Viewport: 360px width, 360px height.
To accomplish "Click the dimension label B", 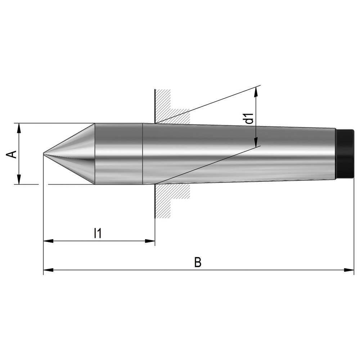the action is tap(198, 262).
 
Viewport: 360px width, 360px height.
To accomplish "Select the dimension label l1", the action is tap(98, 233).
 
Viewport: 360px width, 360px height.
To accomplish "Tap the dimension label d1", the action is tap(250, 118).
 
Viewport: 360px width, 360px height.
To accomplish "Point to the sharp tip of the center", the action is tap(44, 153).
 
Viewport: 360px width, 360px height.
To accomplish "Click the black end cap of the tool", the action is tap(345, 154).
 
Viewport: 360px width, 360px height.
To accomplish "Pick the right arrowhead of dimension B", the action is tap(349, 270).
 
